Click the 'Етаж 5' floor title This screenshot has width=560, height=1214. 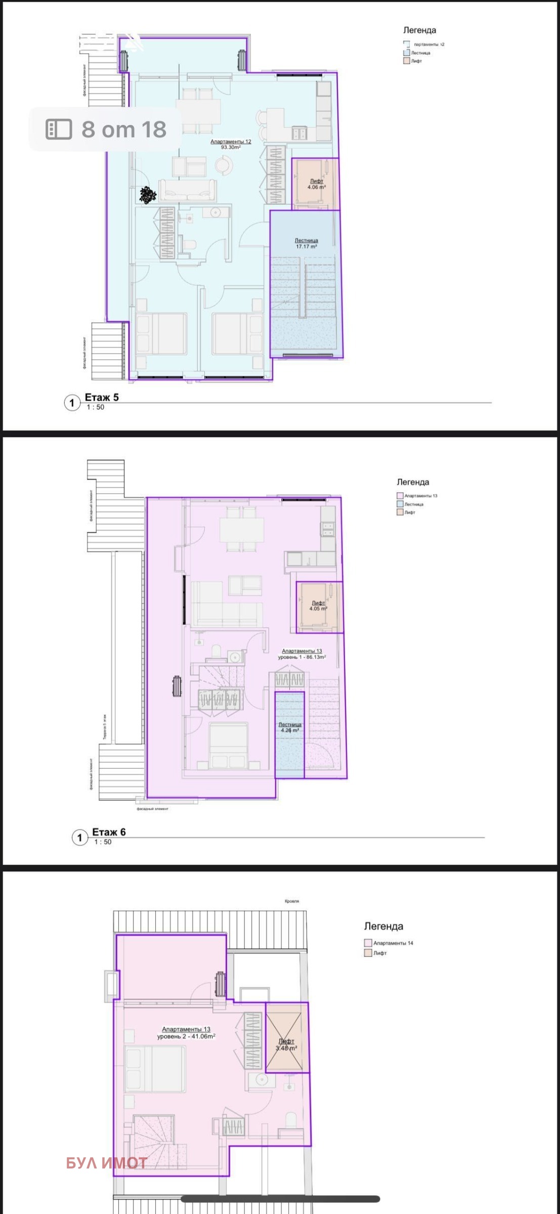[x=101, y=397]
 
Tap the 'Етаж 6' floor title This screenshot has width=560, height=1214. [x=109, y=832]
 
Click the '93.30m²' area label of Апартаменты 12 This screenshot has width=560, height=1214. [x=231, y=148]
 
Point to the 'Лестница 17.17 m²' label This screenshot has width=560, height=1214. [x=306, y=244]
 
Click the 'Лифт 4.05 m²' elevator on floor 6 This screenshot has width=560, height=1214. [x=318, y=606]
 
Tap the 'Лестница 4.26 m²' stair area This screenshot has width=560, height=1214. [x=289, y=727]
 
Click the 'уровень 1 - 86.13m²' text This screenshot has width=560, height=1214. [x=301, y=657]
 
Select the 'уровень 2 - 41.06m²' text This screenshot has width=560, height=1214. [x=186, y=1036]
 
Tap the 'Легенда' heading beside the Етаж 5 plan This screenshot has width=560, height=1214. [x=419, y=30]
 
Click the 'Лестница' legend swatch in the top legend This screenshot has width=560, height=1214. [x=406, y=53]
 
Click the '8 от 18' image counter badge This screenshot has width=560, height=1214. [x=105, y=129]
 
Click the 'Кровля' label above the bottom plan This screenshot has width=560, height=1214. [x=292, y=901]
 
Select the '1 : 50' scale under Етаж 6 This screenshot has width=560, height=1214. [x=103, y=842]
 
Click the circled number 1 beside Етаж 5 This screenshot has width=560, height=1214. [x=72, y=403]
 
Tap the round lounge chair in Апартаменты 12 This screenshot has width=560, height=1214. [x=223, y=165]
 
